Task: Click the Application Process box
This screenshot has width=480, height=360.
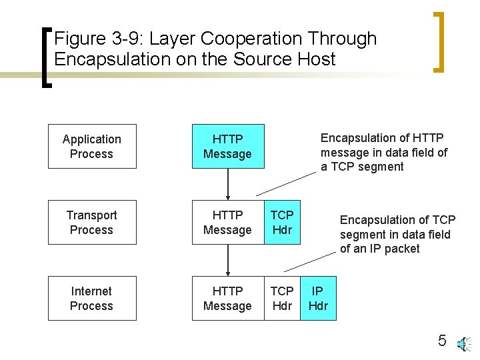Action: click(x=91, y=147)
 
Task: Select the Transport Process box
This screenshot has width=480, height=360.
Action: click(x=91, y=223)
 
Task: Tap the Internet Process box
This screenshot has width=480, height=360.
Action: click(x=91, y=299)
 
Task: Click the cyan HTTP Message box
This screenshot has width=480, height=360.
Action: click(x=227, y=147)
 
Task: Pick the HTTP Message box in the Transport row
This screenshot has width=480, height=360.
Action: click(x=227, y=223)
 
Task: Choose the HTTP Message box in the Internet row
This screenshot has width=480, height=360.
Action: click(x=227, y=299)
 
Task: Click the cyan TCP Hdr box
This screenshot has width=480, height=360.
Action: click(x=282, y=223)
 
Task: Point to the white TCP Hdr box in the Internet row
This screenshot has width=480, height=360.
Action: click(x=282, y=299)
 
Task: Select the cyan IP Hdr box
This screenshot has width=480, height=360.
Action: click(x=318, y=299)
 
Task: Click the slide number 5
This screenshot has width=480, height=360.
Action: click(x=442, y=341)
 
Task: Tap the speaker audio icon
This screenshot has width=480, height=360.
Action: click(x=463, y=343)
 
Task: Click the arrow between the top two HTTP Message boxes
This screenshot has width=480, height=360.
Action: click(x=228, y=184)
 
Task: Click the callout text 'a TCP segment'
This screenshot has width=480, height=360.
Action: click(x=362, y=167)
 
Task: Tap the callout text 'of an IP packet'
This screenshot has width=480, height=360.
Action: click(x=380, y=249)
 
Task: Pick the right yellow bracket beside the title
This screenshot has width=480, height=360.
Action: click(x=438, y=41)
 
